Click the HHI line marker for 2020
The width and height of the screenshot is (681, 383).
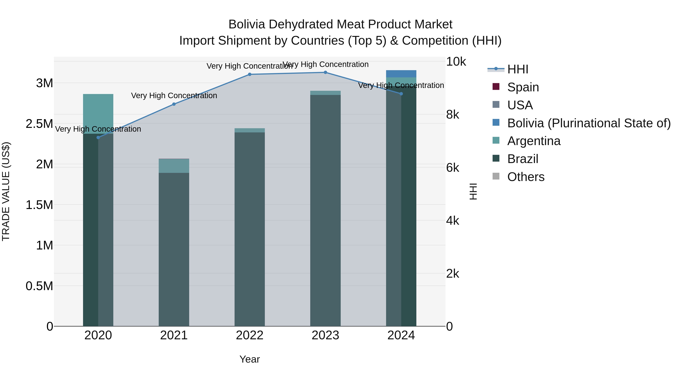[98, 138]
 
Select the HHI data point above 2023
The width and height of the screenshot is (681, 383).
[325, 72]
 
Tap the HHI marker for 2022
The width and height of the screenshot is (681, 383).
[250, 75]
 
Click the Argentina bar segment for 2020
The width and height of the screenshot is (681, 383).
[98, 114]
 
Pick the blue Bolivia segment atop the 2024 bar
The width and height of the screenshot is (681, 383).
[401, 74]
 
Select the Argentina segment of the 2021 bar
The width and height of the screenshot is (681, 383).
[174, 166]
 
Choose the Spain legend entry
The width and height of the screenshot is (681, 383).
[522, 87]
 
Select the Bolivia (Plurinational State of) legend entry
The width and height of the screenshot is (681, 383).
[588, 123]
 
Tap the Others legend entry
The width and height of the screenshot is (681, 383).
[526, 177]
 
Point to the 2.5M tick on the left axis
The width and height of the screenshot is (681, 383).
[39, 124]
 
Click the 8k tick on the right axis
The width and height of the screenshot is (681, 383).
[453, 115]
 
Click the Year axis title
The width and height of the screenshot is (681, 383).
[249, 359]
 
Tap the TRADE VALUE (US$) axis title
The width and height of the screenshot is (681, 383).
[6, 191]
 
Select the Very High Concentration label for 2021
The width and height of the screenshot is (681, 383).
[174, 96]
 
